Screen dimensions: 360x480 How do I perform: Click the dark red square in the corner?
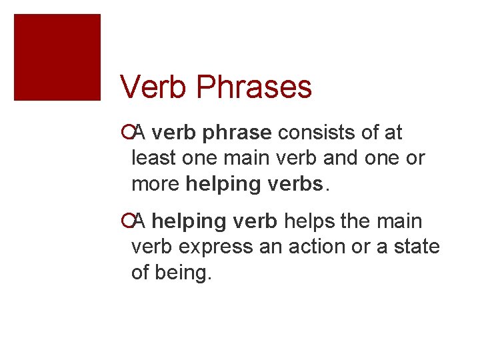tap(57, 57)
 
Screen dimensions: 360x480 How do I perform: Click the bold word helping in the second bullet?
tap(194, 221)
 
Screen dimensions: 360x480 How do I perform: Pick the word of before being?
tap(141, 272)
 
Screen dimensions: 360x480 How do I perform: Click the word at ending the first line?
tap(393, 133)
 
